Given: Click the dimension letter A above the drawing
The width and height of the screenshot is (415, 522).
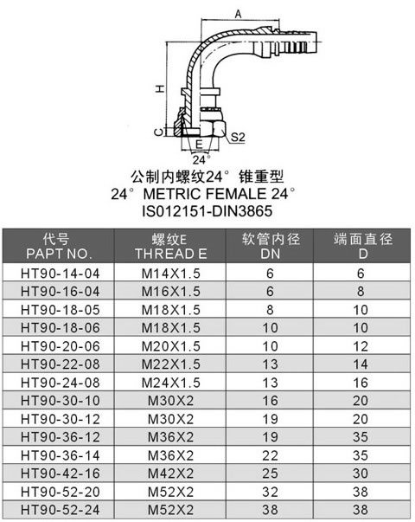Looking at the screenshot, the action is pyautogui.click(x=238, y=14).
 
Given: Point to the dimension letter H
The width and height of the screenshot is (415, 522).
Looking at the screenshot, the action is pyautogui.click(x=160, y=88).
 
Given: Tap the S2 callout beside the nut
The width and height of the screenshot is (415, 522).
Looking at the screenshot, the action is pyautogui.click(x=238, y=137).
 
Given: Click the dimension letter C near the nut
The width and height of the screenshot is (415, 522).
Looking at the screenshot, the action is pyautogui.click(x=159, y=132).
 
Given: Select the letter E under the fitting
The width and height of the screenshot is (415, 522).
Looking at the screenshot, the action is pyautogui.click(x=199, y=145).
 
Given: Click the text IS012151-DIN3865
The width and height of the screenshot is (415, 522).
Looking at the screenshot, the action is pyautogui.click(x=207, y=210).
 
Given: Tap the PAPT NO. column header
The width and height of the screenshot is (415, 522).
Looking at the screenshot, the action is pyautogui.click(x=59, y=254).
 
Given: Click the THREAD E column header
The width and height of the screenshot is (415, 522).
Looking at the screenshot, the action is pyautogui.click(x=171, y=254).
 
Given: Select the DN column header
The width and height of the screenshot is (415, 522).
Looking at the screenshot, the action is pyautogui.click(x=271, y=254).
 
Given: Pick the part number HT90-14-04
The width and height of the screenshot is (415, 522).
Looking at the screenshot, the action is pyautogui.click(x=61, y=274).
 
